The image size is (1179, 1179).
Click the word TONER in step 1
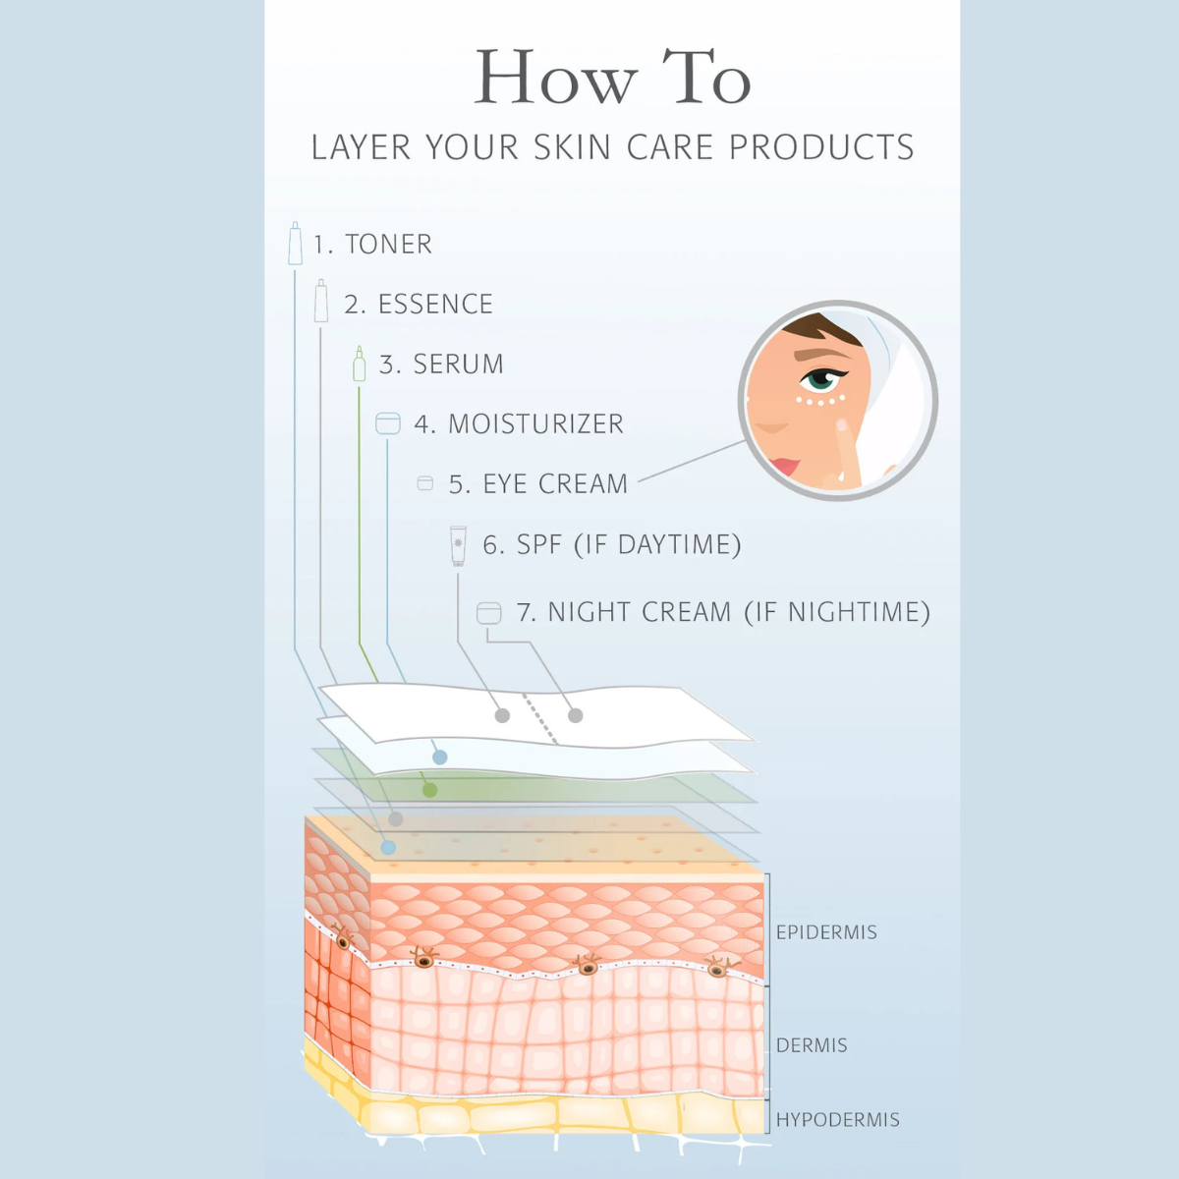pyautogui.click(x=388, y=244)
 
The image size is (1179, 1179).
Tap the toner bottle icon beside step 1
pyautogui.click(x=295, y=244)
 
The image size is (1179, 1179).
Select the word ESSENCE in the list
pyautogui.click(x=435, y=305)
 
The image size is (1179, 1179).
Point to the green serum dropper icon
pyautogui.click(x=360, y=364)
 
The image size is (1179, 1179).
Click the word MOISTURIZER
pyautogui.click(x=535, y=424)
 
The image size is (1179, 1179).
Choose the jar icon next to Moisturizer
pyautogui.click(x=388, y=423)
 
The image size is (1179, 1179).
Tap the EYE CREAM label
pyautogui.click(x=555, y=484)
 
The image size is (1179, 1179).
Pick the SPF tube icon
pyautogui.click(x=458, y=545)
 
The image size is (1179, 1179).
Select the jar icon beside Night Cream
pyautogui.click(x=488, y=613)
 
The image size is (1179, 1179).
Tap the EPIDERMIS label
pyautogui.click(x=826, y=932)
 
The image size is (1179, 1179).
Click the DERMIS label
pyautogui.click(x=812, y=1045)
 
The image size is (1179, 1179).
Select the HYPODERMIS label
pyautogui.click(x=837, y=1120)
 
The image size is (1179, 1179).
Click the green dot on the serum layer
pyautogui.click(x=429, y=790)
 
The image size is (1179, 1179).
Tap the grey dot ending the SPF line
pyautogui.click(x=502, y=715)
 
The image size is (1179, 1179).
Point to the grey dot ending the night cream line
pyautogui.click(x=576, y=715)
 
